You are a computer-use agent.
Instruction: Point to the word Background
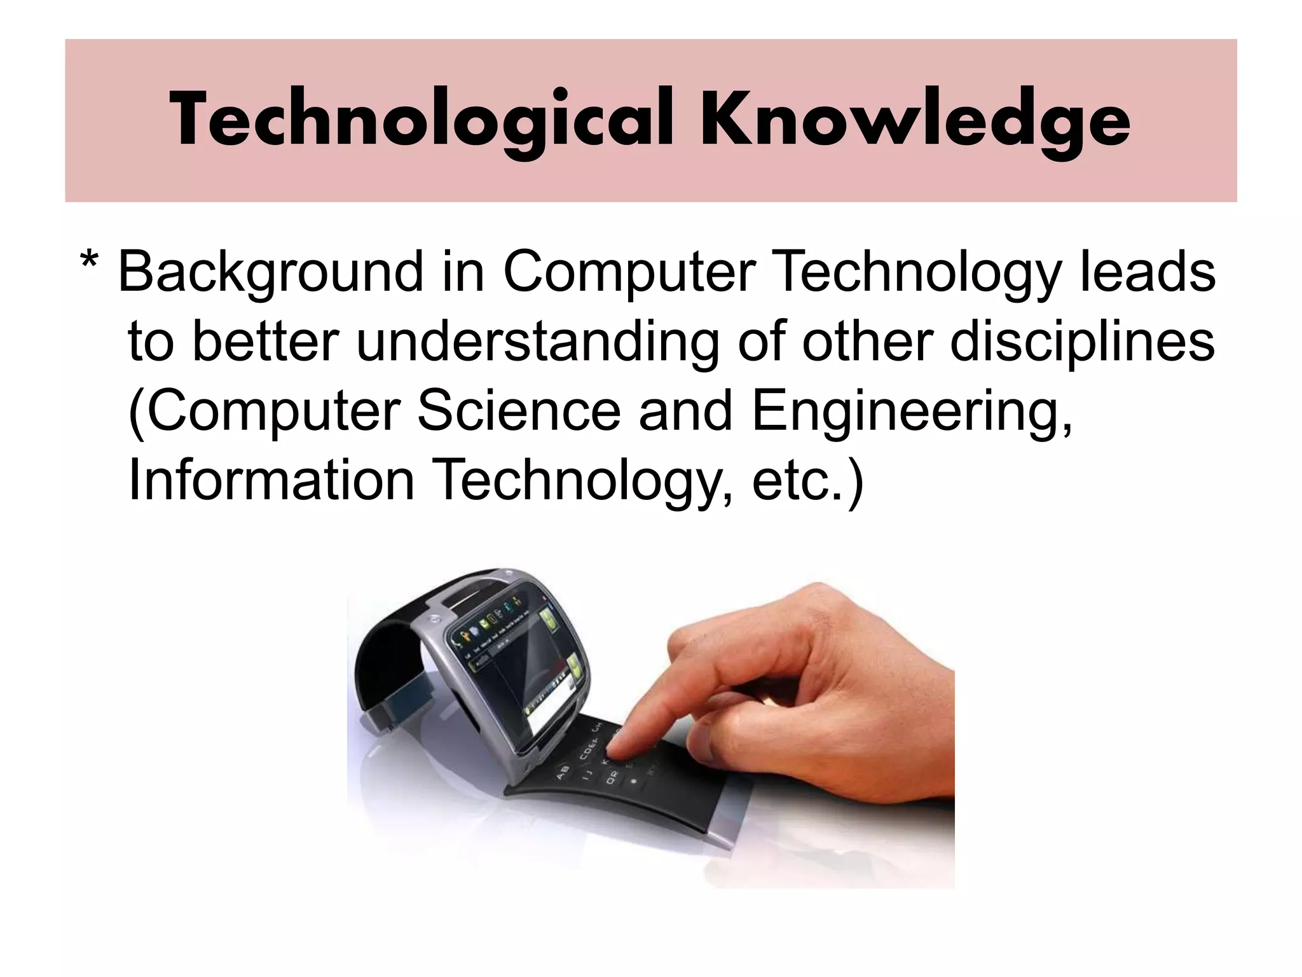coord(271,272)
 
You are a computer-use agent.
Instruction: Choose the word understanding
coord(538,342)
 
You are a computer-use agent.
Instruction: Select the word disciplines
coord(1082,342)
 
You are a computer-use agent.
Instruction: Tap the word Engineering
coord(912,412)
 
